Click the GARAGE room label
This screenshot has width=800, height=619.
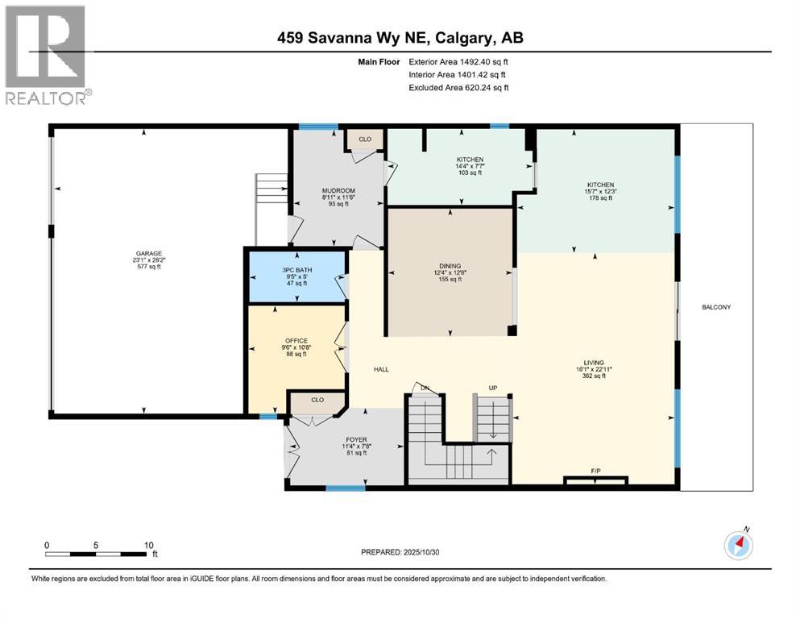pos(143,252)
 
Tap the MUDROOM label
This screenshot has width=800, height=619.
pos(338,191)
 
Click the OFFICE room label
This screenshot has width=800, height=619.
pos(297,340)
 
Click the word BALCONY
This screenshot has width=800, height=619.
pos(715,307)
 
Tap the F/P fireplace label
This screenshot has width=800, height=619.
pos(595,470)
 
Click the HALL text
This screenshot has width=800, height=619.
pos(381,369)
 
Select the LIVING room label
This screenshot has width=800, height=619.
pos(595,363)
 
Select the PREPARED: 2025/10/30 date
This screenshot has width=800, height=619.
pos(400,552)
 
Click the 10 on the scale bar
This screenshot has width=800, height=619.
pos(148,545)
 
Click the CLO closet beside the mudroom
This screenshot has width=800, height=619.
pos(365,139)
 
